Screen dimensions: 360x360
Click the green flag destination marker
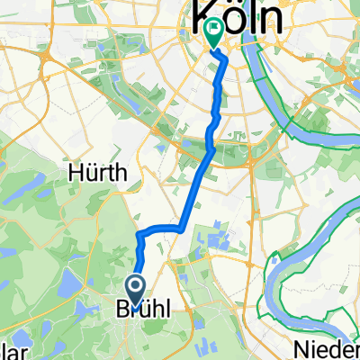click(213, 33)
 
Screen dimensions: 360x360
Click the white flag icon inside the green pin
click(213, 30)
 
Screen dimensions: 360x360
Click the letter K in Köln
click(199, 17)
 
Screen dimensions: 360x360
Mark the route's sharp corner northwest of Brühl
click(140, 233)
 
